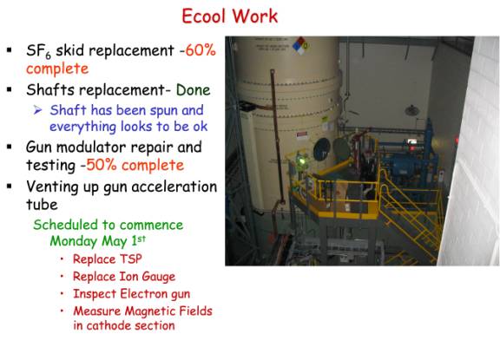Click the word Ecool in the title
pos(203,16)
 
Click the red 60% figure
pos(201,50)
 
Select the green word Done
pos(194,90)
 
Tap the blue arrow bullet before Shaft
pos(37,110)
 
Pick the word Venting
pos(52,187)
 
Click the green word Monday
pos(73,241)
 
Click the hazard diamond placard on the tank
pos(300,46)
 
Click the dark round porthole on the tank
pos(321,149)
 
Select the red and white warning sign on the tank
pos(301,135)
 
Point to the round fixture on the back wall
pos(412,111)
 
